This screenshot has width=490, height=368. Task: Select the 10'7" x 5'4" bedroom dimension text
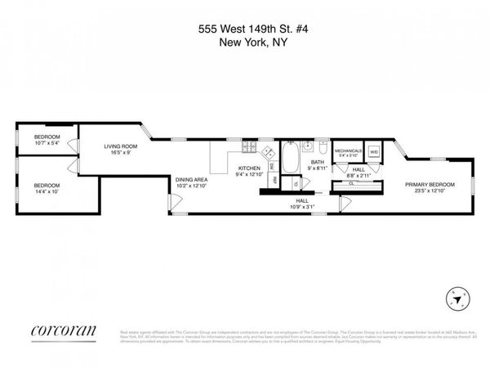coord(47,143)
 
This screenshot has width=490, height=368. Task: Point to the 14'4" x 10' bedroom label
coord(47,190)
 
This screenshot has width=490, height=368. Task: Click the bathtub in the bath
coord(291,153)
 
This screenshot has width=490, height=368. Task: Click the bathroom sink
coord(307,147)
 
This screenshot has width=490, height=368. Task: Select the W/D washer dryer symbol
coord(374,152)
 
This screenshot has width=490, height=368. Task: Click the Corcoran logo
coord(64,330)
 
